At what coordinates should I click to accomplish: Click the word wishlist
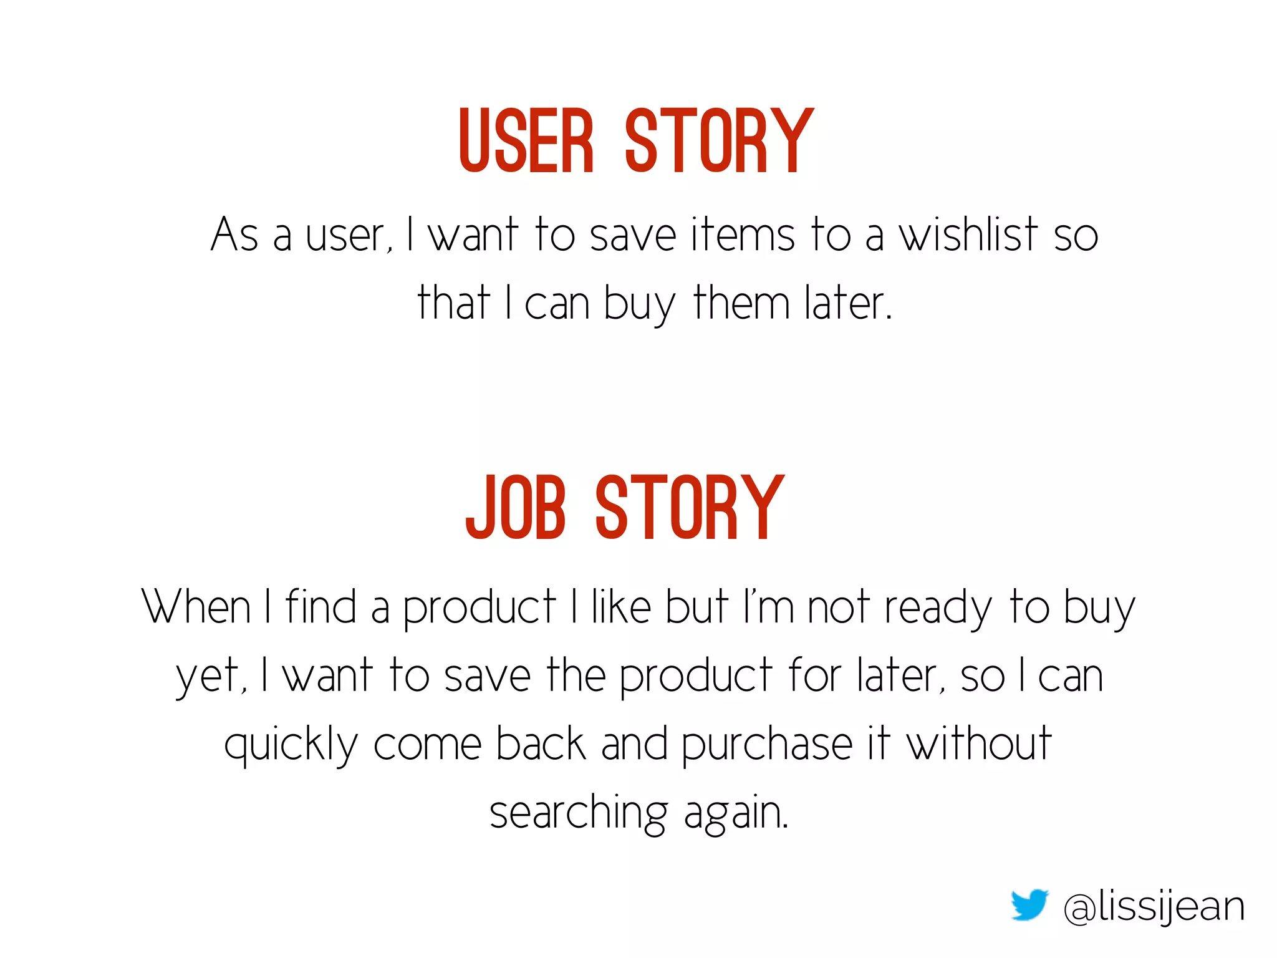pyautogui.click(x=968, y=235)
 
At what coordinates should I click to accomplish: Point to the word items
pyautogui.click(x=742, y=235)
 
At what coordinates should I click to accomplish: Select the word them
pyautogui.click(x=741, y=303)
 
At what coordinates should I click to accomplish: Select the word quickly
pyautogui.click(x=291, y=745)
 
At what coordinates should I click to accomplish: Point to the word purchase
pyautogui.click(x=766, y=745)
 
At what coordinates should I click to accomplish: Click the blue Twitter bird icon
pyautogui.click(x=1029, y=905)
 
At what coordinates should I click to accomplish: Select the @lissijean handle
pyautogui.click(x=1154, y=907)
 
